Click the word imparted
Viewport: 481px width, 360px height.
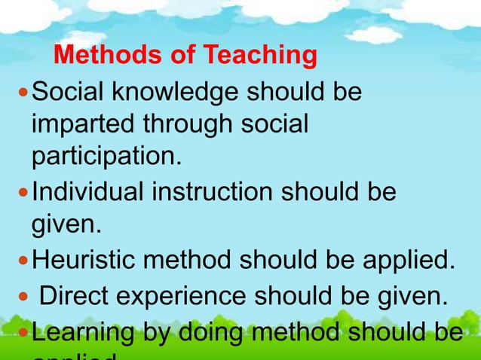coord(80,124)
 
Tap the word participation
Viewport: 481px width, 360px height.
coord(106,156)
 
